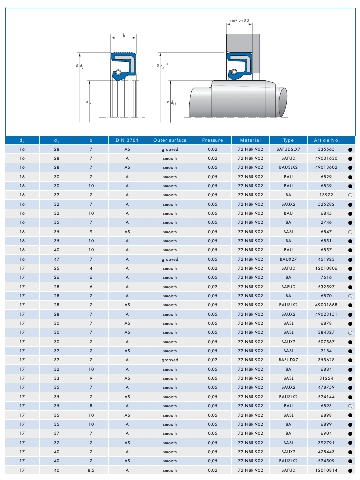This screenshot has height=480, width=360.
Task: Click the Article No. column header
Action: tap(327, 140)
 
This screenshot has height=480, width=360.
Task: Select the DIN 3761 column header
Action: tap(127, 140)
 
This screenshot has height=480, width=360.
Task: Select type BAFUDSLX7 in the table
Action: tap(288, 149)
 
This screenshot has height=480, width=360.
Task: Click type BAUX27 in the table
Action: tap(288, 259)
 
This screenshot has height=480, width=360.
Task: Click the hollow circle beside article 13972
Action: tap(350, 195)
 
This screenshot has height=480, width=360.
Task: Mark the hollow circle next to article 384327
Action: tap(350, 333)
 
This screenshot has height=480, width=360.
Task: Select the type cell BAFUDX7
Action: tap(288, 360)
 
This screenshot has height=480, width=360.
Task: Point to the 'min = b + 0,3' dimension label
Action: tap(239, 20)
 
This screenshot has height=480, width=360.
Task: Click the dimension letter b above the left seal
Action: tap(123, 36)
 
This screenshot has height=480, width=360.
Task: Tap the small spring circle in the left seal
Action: tap(118, 73)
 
